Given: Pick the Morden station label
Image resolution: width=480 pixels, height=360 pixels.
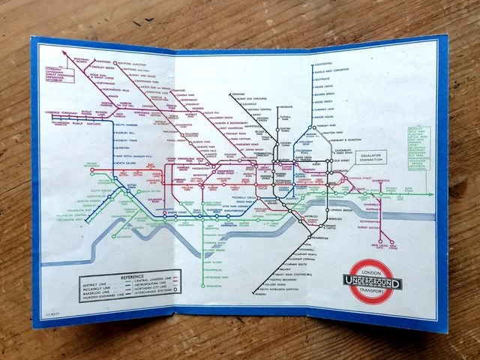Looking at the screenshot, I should (x=241, y=295).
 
